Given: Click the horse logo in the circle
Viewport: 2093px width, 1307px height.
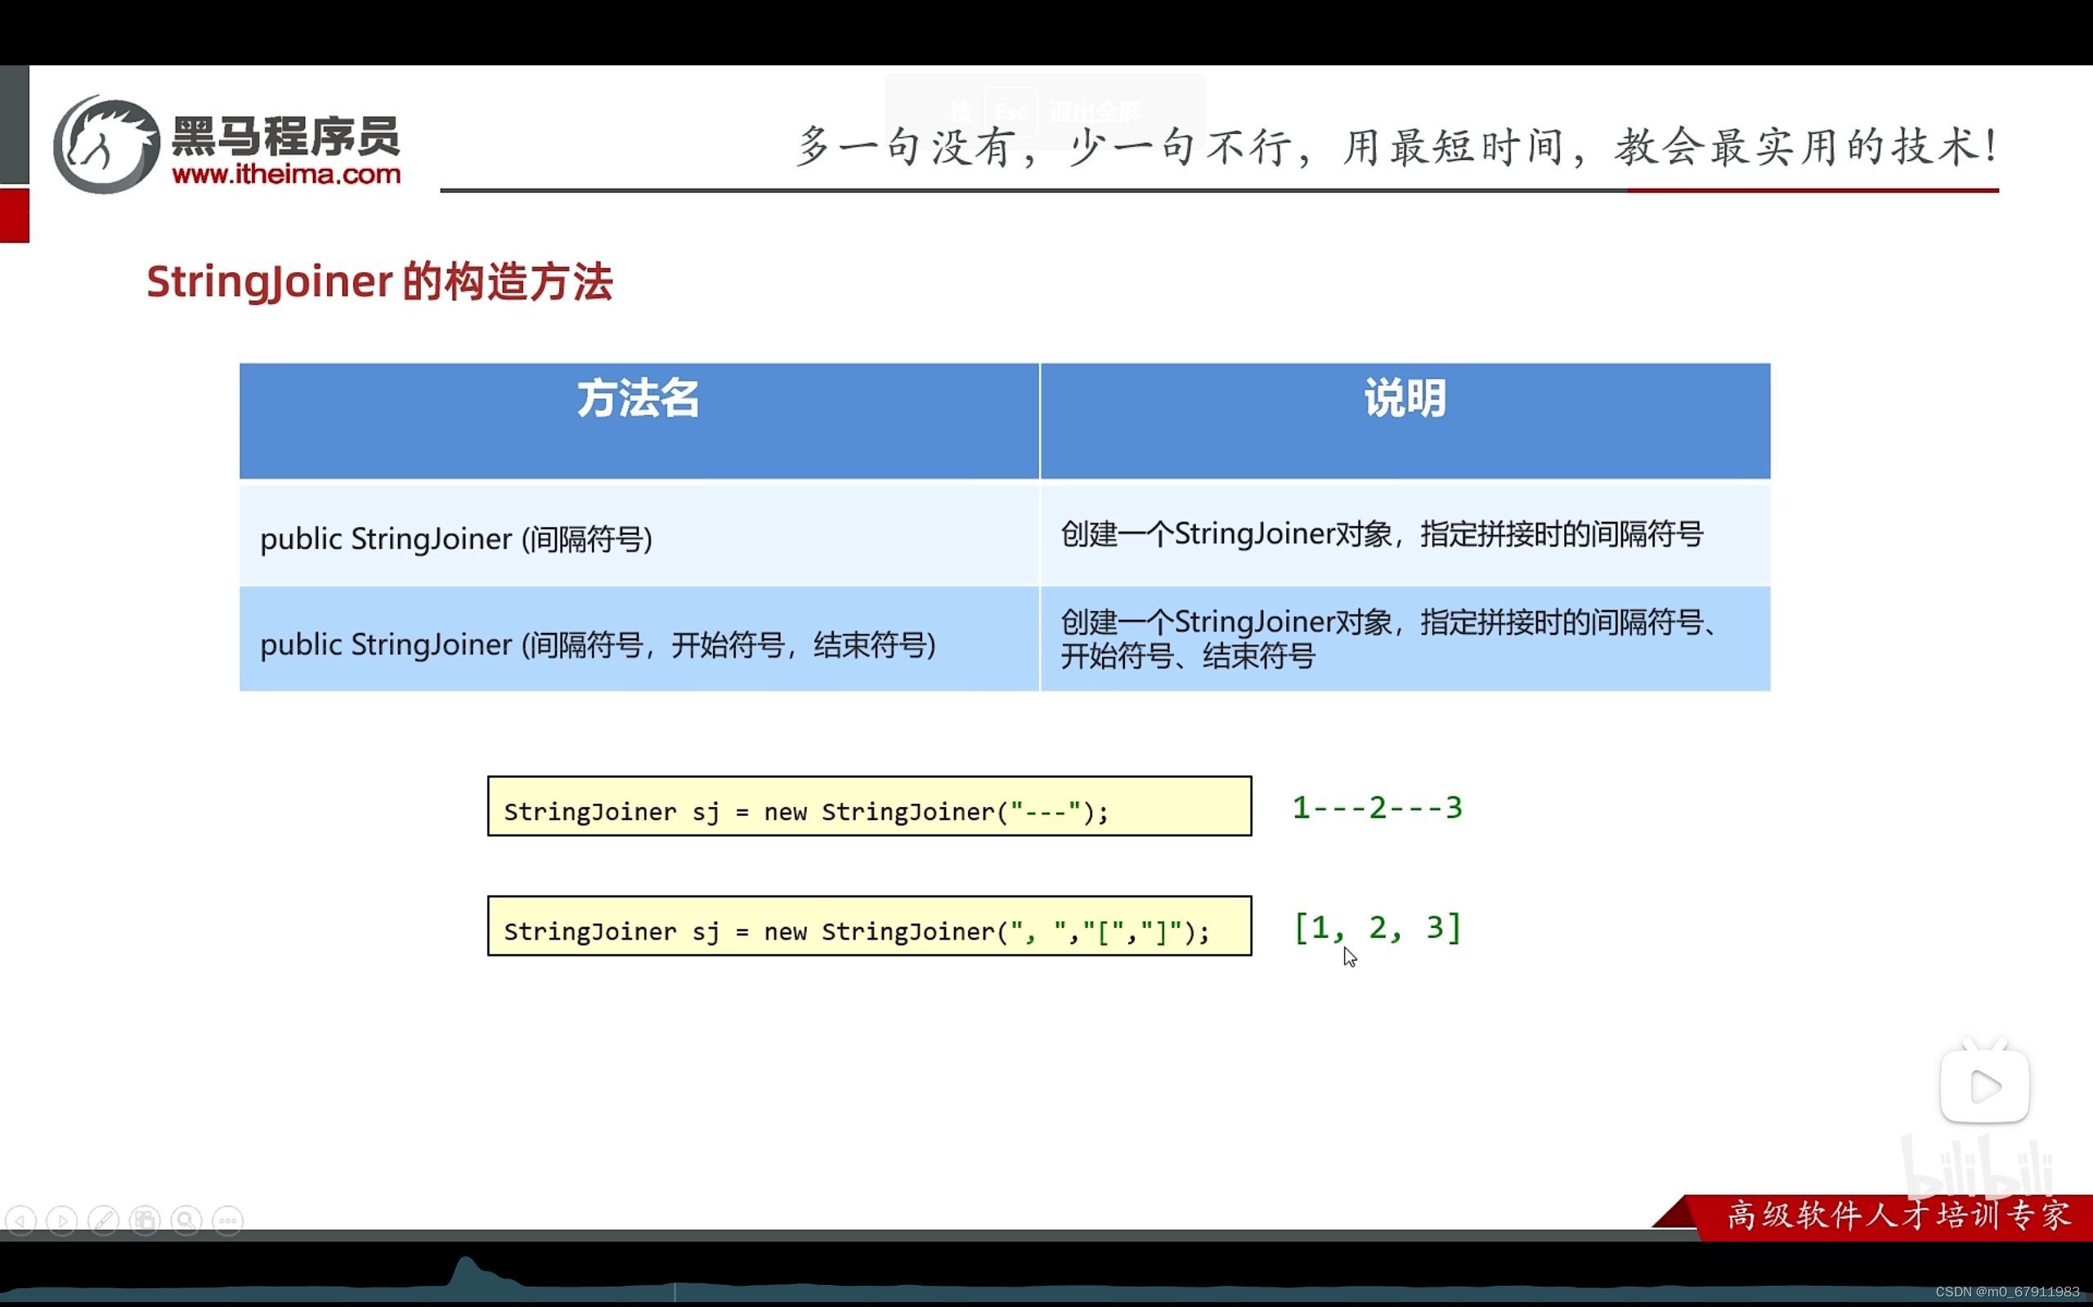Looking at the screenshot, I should [106, 145].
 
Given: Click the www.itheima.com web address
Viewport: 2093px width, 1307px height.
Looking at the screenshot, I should [286, 175].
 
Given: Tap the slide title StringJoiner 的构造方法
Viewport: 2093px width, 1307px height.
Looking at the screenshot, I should [379, 282].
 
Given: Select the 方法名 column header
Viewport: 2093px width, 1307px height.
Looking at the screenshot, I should [639, 400].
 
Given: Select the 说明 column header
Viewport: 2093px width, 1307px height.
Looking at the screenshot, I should [1405, 400].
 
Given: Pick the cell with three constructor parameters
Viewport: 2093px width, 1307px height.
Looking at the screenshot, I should [598, 644].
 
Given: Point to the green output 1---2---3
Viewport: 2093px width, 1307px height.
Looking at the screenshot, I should [1377, 807].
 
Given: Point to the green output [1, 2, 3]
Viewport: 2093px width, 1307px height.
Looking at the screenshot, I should [1377, 927].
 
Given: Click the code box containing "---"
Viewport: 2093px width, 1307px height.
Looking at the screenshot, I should [869, 806].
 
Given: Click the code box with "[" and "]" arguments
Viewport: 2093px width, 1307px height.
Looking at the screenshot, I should [869, 926].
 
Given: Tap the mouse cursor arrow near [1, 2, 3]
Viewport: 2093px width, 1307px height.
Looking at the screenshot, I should [1349, 956].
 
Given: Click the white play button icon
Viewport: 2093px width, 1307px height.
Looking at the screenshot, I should [1984, 1086].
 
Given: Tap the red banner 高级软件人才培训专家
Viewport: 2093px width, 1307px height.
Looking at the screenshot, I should [1898, 1216].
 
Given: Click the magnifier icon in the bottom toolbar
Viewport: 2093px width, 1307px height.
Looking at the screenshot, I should [186, 1220].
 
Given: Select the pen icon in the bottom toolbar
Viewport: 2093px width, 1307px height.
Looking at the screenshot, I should [104, 1220].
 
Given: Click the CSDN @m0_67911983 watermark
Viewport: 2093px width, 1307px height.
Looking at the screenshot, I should [2006, 1291].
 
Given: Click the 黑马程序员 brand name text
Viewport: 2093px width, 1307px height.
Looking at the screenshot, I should [286, 136].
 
